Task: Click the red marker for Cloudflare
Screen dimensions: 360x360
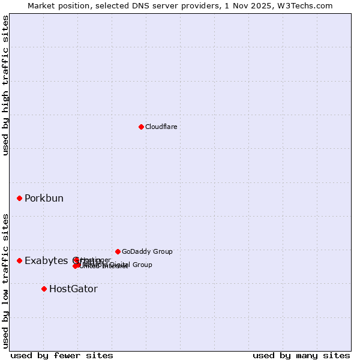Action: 141,127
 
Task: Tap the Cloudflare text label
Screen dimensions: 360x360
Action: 161,127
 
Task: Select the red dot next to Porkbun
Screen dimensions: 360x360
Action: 19,198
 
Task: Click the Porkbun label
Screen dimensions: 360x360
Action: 44,199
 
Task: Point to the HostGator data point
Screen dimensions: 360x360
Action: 44,289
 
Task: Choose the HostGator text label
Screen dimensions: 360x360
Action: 73,289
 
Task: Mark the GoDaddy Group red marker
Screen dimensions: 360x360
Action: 118,251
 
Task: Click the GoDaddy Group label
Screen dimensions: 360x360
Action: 147,251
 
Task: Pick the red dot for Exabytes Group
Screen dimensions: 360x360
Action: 19,260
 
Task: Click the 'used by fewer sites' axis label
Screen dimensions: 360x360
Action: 62,355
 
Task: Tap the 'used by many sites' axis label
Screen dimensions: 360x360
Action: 301,355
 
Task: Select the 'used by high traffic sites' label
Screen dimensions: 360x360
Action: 5,85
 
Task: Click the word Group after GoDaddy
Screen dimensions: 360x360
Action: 162,251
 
